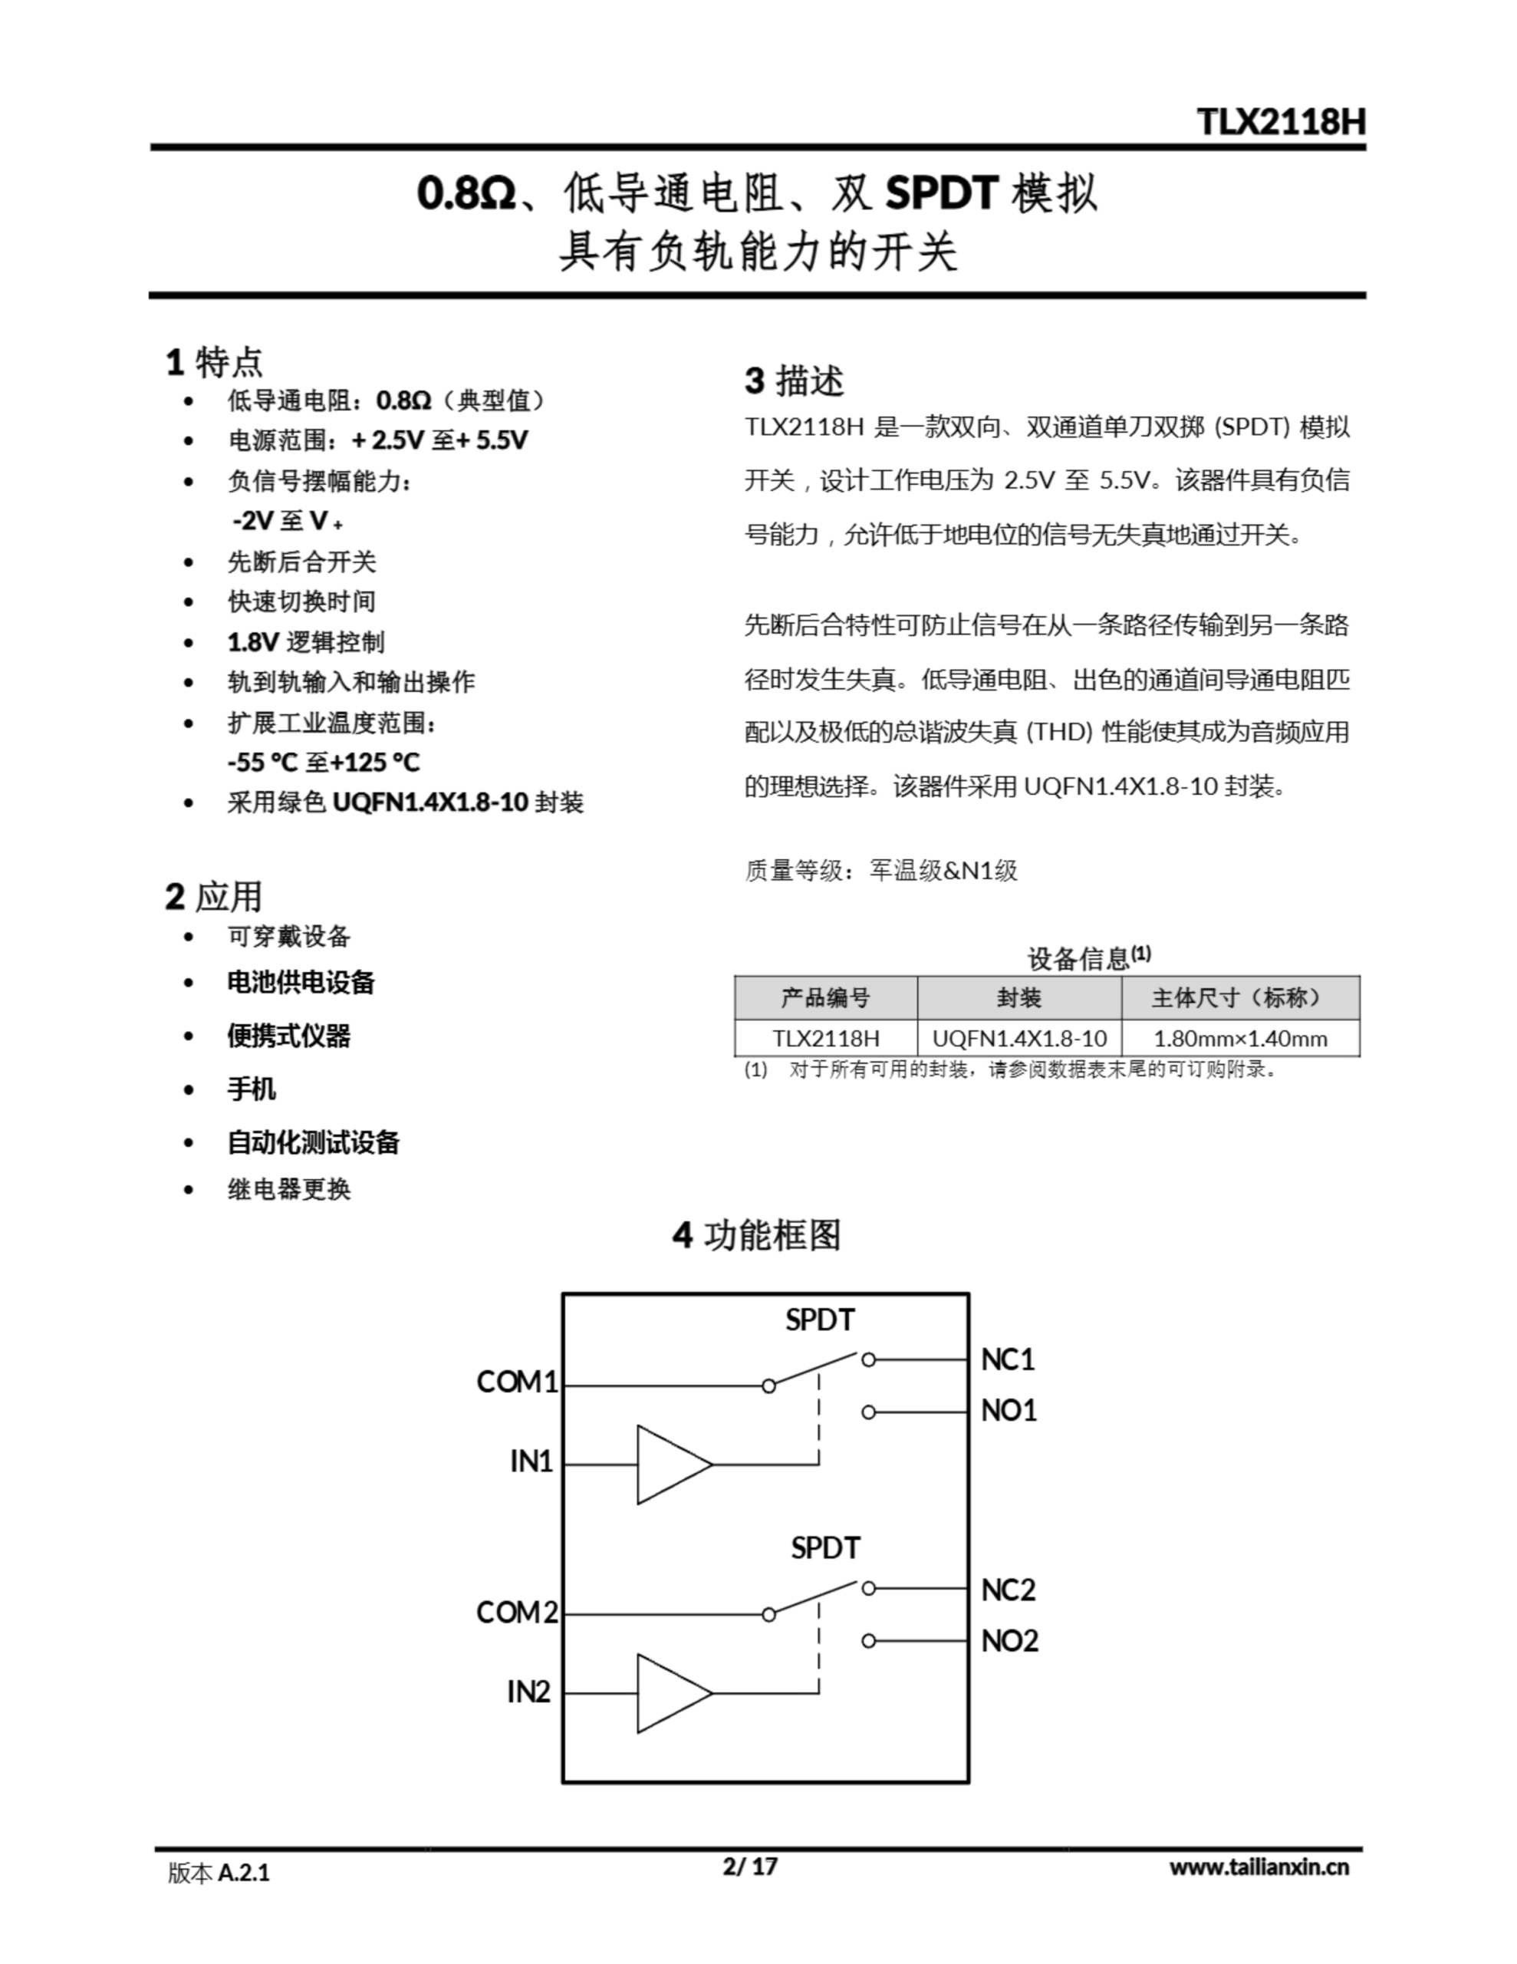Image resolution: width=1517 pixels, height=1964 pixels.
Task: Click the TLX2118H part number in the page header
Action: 1281,121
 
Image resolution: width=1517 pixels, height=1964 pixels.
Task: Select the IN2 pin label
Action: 528,1692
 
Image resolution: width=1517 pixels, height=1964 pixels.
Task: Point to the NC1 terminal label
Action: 1007,1359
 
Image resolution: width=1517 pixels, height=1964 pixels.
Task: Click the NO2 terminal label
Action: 1009,1641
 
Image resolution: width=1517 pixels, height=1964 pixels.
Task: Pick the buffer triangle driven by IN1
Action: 670,1464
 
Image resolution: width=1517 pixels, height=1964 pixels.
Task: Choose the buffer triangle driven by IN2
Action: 670,1693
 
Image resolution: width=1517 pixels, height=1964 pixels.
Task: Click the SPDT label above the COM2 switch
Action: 824,1547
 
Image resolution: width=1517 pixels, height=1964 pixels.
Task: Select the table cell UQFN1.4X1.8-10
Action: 1018,1039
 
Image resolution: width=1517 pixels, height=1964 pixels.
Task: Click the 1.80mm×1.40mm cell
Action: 1240,1039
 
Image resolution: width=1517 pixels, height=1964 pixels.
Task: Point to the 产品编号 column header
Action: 824,997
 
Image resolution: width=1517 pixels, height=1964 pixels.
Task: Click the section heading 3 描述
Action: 794,381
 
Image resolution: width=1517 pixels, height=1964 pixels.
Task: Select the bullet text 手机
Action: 251,1089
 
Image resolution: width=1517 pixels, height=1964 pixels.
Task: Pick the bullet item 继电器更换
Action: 288,1189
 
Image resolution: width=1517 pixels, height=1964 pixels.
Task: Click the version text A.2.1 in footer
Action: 244,1873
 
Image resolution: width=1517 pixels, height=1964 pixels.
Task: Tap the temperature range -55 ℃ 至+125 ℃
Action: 324,763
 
